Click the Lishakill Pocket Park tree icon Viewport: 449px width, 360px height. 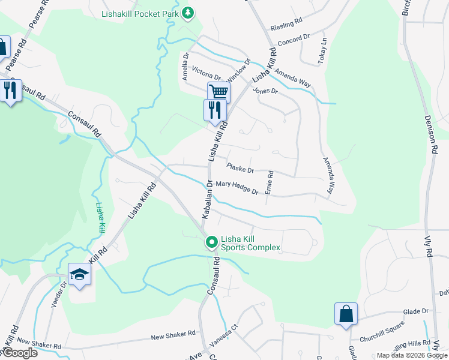[188, 12]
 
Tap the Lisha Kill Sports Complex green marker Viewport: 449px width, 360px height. [211, 242]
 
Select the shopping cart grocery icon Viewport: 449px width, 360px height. [218, 92]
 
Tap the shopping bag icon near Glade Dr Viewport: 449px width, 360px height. [346, 314]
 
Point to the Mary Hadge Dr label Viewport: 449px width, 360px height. [237, 188]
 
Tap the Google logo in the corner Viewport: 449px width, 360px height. [20, 353]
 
